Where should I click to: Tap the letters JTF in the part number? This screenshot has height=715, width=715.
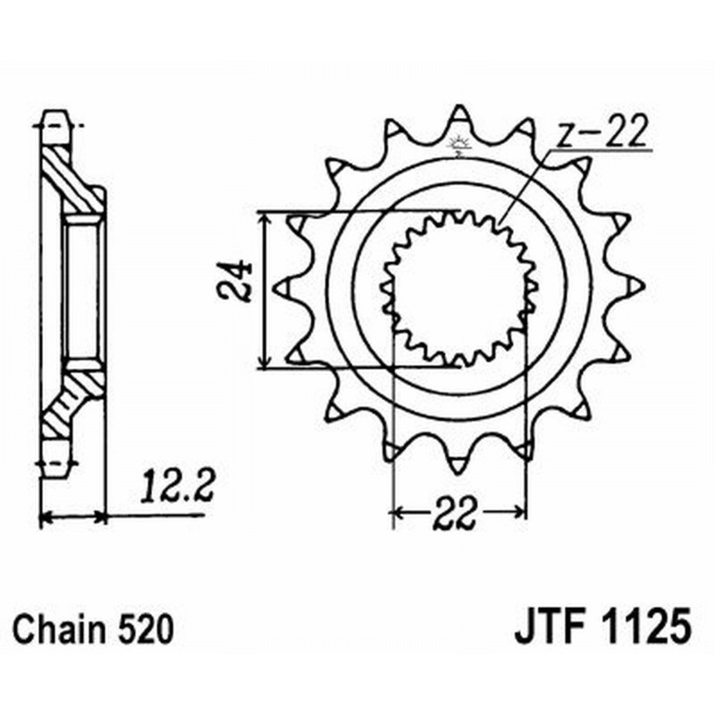(547, 628)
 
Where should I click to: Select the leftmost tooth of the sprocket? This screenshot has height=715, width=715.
(282, 289)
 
